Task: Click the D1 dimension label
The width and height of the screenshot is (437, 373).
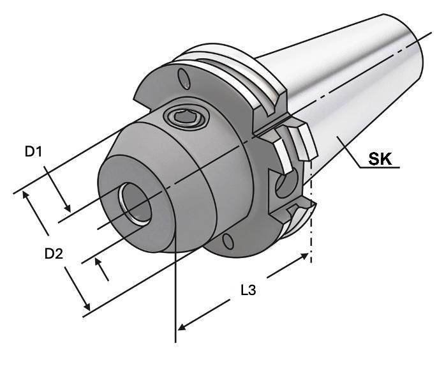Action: [x=33, y=151]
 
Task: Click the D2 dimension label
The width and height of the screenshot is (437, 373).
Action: [x=54, y=254]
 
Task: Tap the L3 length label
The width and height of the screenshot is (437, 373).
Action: [x=248, y=290]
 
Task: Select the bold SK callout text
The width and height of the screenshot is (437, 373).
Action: [x=380, y=159]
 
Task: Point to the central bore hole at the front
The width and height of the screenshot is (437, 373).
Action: [x=135, y=203]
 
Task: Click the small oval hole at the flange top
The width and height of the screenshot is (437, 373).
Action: [x=184, y=79]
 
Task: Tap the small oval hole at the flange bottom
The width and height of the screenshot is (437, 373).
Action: [x=228, y=241]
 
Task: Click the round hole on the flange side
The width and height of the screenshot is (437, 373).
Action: [x=286, y=183]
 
